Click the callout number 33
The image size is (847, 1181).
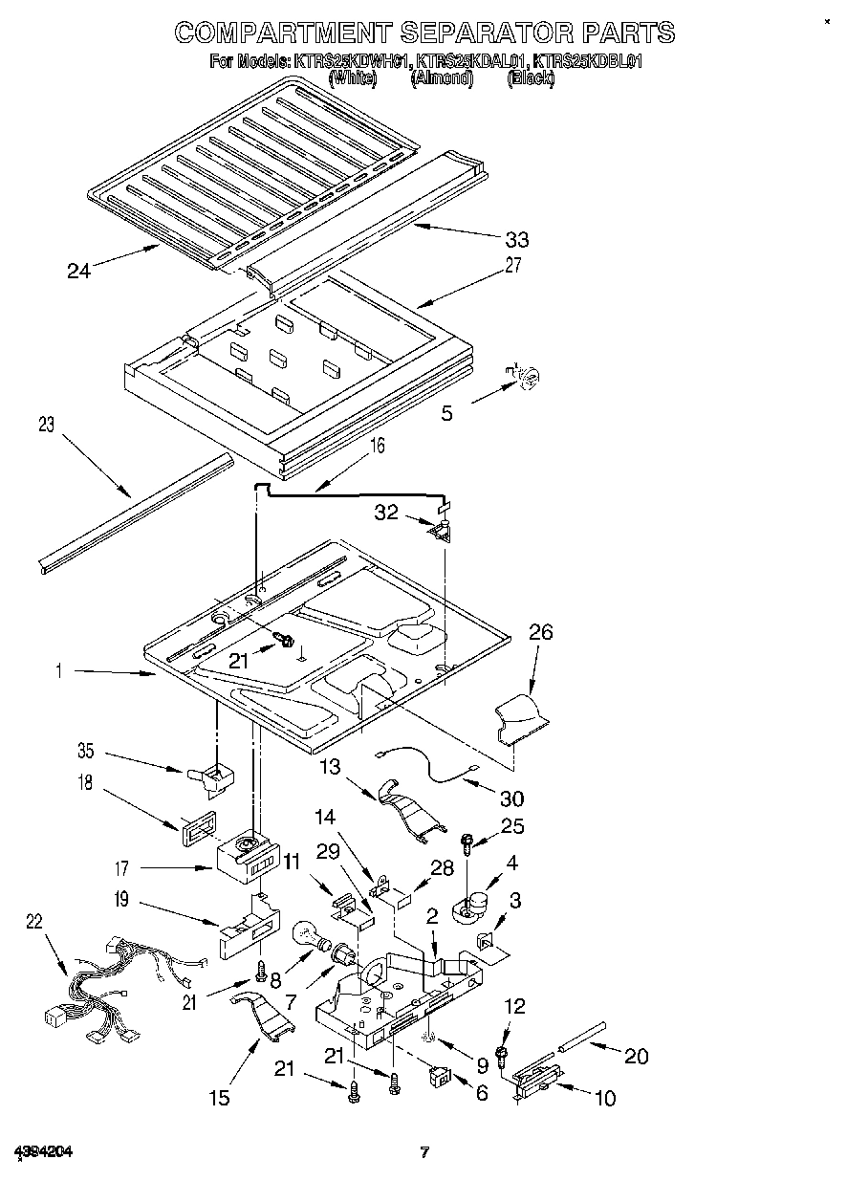[x=517, y=239]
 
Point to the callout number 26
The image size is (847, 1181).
[x=540, y=632]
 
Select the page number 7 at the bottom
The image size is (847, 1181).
[x=423, y=1152]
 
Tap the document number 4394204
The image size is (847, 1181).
[x=43, y=1151]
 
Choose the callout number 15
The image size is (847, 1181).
[x=219, y=1098]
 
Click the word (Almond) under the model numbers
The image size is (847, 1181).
[x=442, y=79]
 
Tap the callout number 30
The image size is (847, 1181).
[x=511, y=798]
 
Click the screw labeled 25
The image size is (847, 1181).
[x=467, y=842]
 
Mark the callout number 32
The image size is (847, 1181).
[x=386, y=513]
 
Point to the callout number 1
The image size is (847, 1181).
[x=59, y=672]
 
